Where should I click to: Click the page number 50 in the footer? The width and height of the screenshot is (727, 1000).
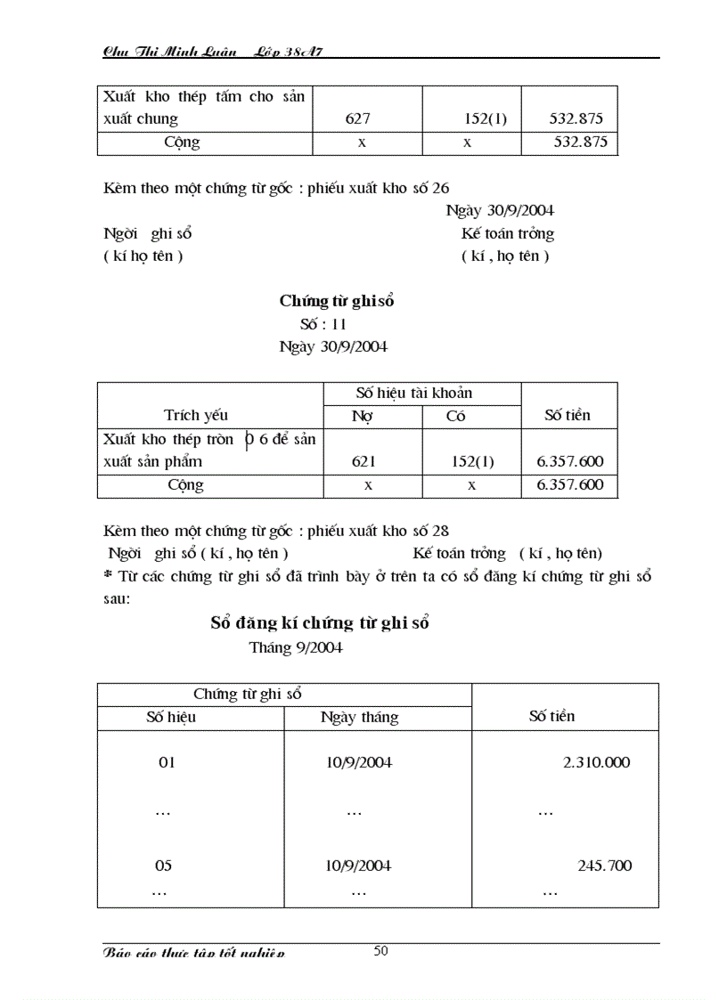[380, 950]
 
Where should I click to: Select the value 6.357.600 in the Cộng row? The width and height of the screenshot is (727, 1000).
[570, 485]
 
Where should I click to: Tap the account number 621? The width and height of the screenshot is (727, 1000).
[363, 461]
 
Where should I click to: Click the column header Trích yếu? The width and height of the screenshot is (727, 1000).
[196, 415]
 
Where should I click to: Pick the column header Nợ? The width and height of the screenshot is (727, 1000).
[362, 416]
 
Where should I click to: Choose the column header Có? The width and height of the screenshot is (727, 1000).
[455, 416]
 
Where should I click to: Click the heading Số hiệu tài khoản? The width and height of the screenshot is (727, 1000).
[413, 393]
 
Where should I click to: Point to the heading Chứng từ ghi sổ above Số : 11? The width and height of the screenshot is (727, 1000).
[337, 301]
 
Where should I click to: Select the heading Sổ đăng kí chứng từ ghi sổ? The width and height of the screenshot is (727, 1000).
[320, 623]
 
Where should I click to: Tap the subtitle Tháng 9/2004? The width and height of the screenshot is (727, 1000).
[296, 647]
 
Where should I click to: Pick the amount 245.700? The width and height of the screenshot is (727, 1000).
[604, 866]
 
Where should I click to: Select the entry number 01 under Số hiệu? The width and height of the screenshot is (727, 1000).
[167, 763]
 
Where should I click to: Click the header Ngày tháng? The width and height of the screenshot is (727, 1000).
[359, 718]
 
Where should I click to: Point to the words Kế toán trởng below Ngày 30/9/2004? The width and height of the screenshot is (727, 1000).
[507, 234]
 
